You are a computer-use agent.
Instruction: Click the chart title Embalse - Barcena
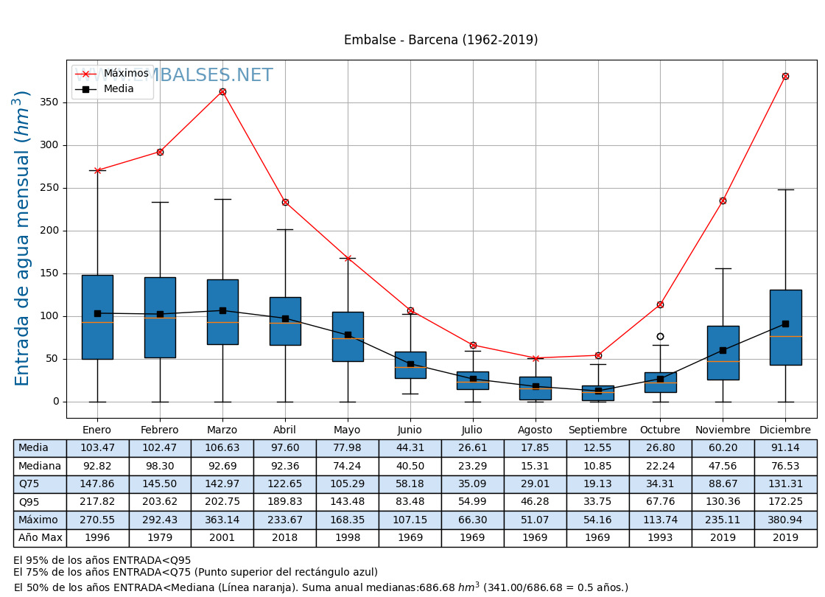[x=440, y=40]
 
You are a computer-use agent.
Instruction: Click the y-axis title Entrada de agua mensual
[x=23, y=238]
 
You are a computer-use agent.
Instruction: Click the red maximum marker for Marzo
[x=222, y=92]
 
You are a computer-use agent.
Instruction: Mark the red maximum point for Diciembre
[x=785, y=77]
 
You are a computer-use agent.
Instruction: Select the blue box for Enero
[x=97, y=317]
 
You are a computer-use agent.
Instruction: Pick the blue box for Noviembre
[x=723, y=352]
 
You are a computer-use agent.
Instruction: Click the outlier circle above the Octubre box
[x=660, y=337]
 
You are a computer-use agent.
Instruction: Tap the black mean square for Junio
[x=410, y=364]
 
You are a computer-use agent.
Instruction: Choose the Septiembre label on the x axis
[x=597, y=430]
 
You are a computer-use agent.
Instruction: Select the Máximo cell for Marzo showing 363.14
[x=222, y=520]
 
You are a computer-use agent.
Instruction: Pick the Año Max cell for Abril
[x=284, y=538]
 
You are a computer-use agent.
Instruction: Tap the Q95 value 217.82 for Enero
[x=97, y=502]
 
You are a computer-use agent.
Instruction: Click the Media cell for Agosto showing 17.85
[x=535, y=448]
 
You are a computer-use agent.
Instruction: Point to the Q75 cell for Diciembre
[x=785, y=484]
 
